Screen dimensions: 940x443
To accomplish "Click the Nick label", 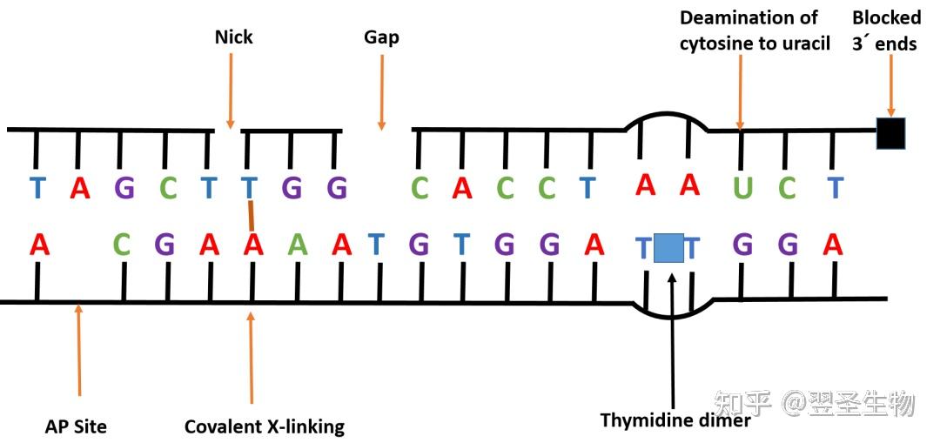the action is (234, 37).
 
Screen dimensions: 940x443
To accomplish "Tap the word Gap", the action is (381, 37).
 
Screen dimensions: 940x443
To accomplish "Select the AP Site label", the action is (76, 426).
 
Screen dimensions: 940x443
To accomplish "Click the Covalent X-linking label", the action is (265, 426).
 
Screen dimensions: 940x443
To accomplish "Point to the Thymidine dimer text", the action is (675, 421).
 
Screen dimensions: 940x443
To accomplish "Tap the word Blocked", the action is (887, 18).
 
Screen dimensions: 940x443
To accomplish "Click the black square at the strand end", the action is (891, 133).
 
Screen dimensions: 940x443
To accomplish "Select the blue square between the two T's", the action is (668, 248).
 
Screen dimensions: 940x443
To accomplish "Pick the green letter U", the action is (742, 188).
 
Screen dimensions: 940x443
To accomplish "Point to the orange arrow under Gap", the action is (381, 91).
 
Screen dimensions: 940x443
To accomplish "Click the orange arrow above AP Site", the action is (78, 350).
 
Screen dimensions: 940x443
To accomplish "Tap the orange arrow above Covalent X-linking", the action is (252, 358).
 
